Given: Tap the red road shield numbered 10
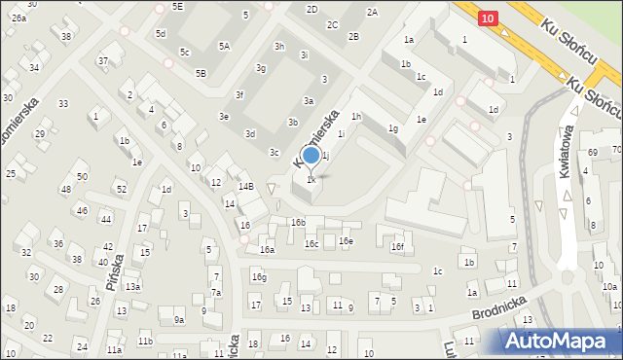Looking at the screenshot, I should pyautogui.click(x=489, y=18).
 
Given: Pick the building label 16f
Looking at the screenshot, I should pyautogui.click(x=397, y=247).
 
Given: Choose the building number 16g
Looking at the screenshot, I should pyautogui.click(x=259, y=277).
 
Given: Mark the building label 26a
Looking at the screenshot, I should pyautogui.click(x=19, y=18).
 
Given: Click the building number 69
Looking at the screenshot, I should pyautogui.click(x=593, y=153).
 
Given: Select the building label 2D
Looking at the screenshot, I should pyautogui.click(x=311, y=9).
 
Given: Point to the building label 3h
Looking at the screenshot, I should pyautogui.click(x=279, y=47).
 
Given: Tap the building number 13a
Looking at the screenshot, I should pyautogui.click(x=132, y=287).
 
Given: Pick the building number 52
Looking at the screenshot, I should pyautogui.click(x=121, y=189).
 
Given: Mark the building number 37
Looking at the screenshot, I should pyautogui.click(x=102, y=61).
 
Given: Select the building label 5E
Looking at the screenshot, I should pyautogui.click(x=177, y=6).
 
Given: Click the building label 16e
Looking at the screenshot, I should pyautogui.click(x=346, y=241).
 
